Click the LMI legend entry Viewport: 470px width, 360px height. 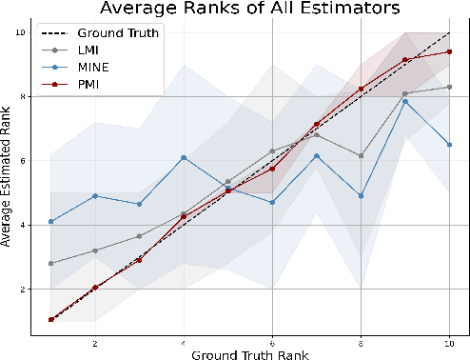(x=90, y=49)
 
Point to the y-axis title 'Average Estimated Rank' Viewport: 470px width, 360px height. (x=9, y=182)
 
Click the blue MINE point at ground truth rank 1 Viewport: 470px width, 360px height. (x=50, y=221)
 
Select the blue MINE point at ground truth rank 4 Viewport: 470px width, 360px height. (x=184, y=157)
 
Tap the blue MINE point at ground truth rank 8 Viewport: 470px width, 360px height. (x=362, y=195)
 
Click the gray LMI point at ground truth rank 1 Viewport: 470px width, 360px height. (x=50, y=263)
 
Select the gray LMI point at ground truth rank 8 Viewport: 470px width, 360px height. (x=362, y=155)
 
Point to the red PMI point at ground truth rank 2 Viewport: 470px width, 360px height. (x=95, y=287)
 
